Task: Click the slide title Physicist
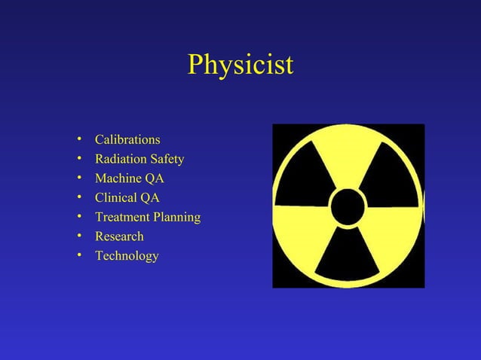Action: coord(240,65)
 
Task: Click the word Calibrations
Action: coord(127,140)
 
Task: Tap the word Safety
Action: coord(167,160)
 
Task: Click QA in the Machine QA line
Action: coord(154,179)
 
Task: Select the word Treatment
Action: coord(121,218)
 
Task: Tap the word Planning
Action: coord(176,218)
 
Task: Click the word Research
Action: coord(119,236)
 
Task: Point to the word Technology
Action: coord(127,256)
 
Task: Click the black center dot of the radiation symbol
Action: coord(348,206)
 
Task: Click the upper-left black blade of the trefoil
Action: coord(305,174)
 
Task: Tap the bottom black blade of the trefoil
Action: coord(348,256)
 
